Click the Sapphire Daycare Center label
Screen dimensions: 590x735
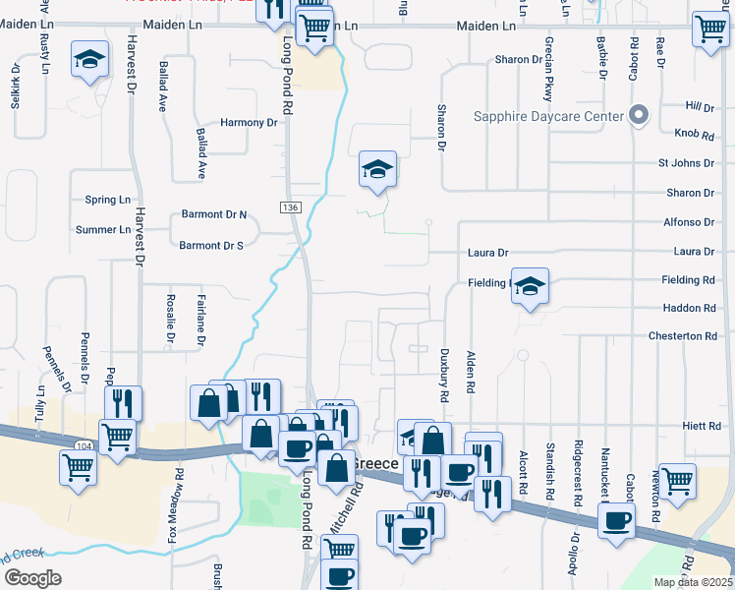click(x=548, y=116)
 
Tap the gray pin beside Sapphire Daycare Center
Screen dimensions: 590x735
click(x=639, y=115)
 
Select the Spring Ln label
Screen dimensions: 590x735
click(x=108, y=199)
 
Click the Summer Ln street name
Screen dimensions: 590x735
click(x=103, y=230)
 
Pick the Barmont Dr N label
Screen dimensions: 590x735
click(x=214, y=214)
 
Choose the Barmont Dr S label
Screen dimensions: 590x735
click(x=212, y=245)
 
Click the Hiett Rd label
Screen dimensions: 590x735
click(x=702, y=426)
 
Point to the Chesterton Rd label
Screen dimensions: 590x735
click(x=683, y=336)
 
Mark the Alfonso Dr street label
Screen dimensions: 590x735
click(x=688, y=222)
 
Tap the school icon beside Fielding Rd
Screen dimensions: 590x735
click(x=530, y=286)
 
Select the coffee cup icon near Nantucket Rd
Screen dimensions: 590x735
click(x=617, y=521)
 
